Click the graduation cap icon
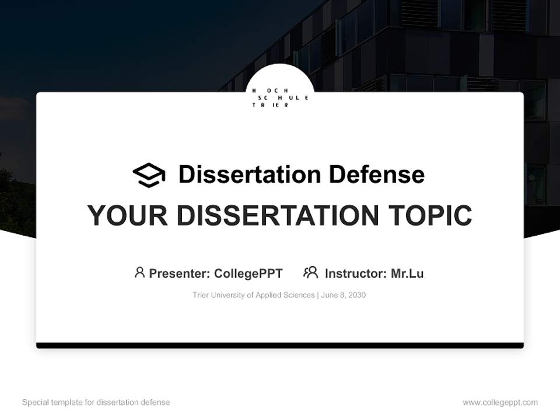[149, 175]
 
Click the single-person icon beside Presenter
[139, 272]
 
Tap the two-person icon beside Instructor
[310, 272]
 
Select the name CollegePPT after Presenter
[248, 274]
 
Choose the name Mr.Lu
[407, 274]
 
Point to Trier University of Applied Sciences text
[253, 295]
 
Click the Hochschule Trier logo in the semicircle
[280, 97]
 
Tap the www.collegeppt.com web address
[500, 402]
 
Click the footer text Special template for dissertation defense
[96, 402]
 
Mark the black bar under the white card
[280, 346]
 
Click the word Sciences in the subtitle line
[299, 295]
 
